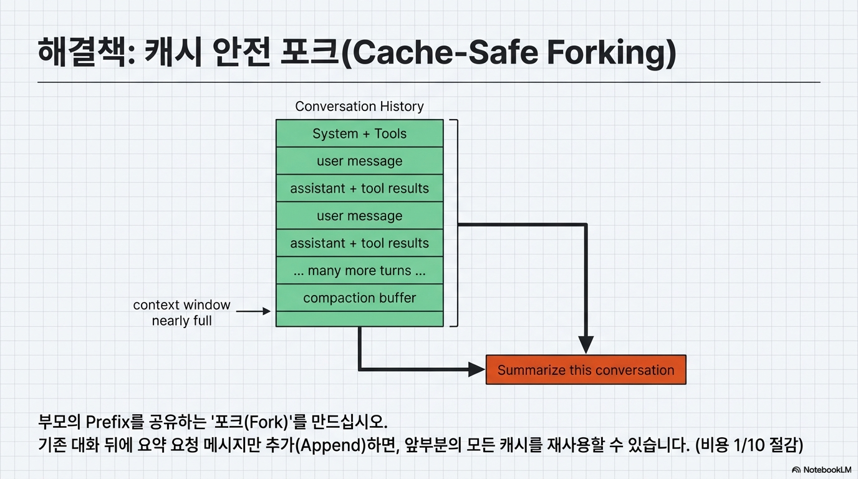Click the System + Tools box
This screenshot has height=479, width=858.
point(359,133)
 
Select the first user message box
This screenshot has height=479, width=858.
point(359,161)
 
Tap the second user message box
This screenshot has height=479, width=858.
point(359,216)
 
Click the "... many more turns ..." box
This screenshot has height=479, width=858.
point(359,271)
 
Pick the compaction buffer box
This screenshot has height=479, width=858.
point(359,298)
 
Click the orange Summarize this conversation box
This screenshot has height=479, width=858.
point(586,370)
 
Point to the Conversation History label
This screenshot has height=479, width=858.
point(359,107)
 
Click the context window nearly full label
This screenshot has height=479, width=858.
point(181,313)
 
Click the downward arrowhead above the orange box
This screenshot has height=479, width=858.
point(586,344)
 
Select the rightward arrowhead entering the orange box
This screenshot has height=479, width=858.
point(476,369)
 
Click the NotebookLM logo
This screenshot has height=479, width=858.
point(821,470)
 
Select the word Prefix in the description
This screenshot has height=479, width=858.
point(108,422)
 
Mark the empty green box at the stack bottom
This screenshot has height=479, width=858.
point(359,319)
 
